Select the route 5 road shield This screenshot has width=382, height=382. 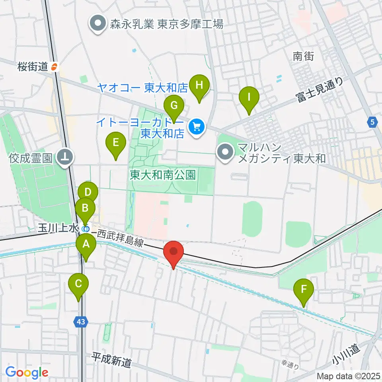[x=372, y=123]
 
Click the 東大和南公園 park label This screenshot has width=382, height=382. [x=164, y=175]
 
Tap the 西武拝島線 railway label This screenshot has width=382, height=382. [x=119, y=238]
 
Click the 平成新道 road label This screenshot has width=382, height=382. [x=111, y=361]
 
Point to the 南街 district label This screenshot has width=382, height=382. [x=303, y=56]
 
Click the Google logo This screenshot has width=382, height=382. [x=27, y=372]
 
